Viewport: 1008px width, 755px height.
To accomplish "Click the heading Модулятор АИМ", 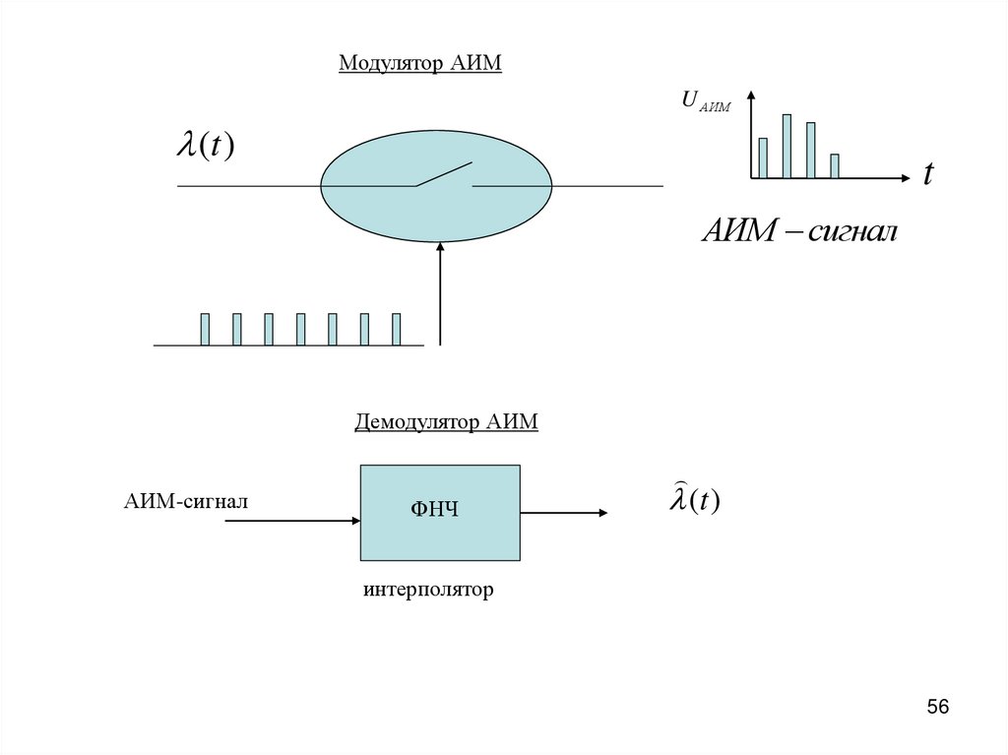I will (420, 64).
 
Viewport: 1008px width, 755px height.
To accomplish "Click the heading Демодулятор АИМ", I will (446, 422).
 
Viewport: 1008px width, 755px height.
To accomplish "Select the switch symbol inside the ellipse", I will (443, 175).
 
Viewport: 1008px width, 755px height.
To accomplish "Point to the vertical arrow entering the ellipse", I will (440, 295).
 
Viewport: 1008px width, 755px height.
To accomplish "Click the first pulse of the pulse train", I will (205, 329).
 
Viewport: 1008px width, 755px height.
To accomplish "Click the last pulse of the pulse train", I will (396, 329).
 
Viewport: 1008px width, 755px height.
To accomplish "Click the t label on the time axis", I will (927, 175).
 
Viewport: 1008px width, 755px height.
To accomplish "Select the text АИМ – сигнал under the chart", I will (799, 232).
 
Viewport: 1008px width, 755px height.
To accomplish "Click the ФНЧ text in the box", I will (435, 510).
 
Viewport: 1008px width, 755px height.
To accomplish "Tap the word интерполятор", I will (427, 591).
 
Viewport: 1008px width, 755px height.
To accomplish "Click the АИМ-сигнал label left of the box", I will (185, 502).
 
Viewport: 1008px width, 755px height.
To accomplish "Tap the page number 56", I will (938, 707).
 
